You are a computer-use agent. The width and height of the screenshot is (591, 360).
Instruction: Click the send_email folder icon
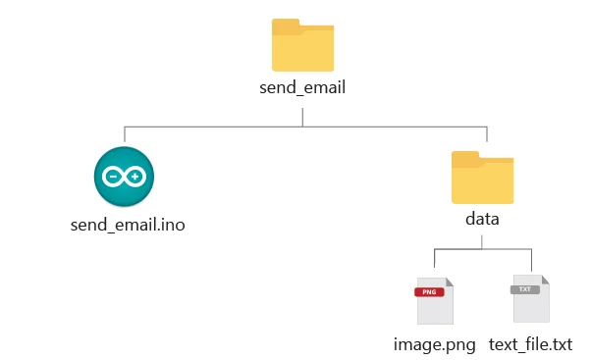pos(303,45)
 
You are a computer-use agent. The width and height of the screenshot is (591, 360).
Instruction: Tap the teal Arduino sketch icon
pos(125,177)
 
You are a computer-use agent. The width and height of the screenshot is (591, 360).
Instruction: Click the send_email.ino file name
pos(128,225)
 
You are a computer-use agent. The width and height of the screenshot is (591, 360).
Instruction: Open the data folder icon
pos(482,177)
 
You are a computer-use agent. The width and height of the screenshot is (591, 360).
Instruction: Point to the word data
pos(482,219)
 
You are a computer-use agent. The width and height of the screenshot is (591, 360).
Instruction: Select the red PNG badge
pos(428,291)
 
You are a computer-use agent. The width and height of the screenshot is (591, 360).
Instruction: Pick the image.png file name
pos(434,345)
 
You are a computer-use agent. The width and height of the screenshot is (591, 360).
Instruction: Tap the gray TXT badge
pos(525,290)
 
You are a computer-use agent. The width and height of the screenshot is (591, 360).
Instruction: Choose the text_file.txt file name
pos(530,345)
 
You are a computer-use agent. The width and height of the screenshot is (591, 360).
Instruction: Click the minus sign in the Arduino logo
pos(114,177)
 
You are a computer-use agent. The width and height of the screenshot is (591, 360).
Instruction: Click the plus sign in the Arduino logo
pos(135,177)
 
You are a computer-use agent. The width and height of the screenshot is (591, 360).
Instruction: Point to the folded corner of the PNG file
pos(448,281)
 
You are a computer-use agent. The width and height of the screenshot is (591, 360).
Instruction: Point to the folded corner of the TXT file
pos(545,281)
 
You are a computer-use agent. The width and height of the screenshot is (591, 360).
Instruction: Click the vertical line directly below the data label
pos(482,239)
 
